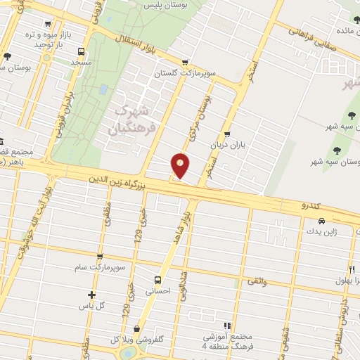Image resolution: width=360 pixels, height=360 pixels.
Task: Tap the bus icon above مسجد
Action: click(81, 52)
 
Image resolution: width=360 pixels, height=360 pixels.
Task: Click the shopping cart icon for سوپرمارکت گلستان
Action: click(184, 62)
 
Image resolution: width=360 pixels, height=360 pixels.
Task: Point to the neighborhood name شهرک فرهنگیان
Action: click(131, 120)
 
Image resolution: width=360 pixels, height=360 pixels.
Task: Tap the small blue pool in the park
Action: click(104, 91)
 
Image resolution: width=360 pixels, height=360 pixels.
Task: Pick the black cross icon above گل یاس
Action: click(91, 295)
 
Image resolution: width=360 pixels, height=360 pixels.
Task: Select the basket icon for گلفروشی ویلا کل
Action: click(136, 328)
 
